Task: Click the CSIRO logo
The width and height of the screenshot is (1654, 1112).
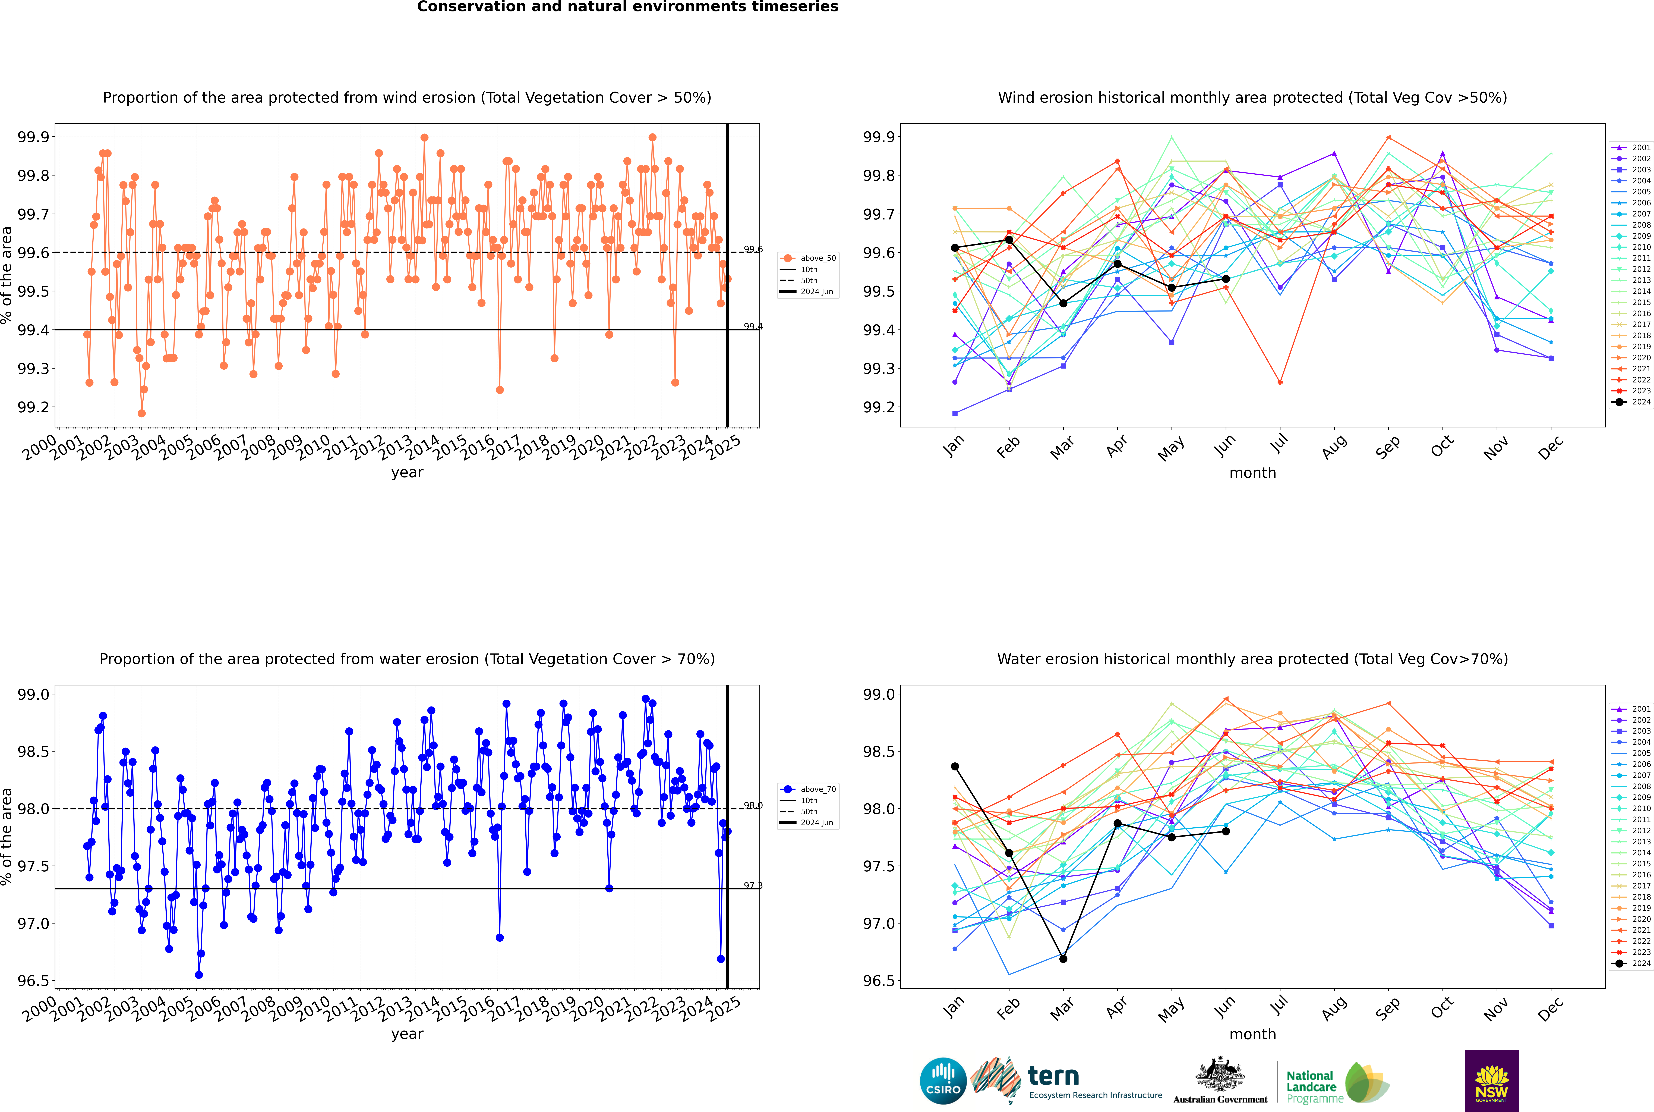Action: point(943,1081)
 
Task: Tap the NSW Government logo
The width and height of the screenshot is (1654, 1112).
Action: point(1492,1081)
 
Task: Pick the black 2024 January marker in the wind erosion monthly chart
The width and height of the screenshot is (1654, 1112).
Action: point(955,247)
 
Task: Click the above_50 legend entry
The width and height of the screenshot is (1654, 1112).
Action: point(808,258)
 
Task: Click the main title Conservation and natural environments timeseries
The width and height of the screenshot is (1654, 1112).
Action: point(627,7)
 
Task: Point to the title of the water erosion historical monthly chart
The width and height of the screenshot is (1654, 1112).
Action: point(1253,659)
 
